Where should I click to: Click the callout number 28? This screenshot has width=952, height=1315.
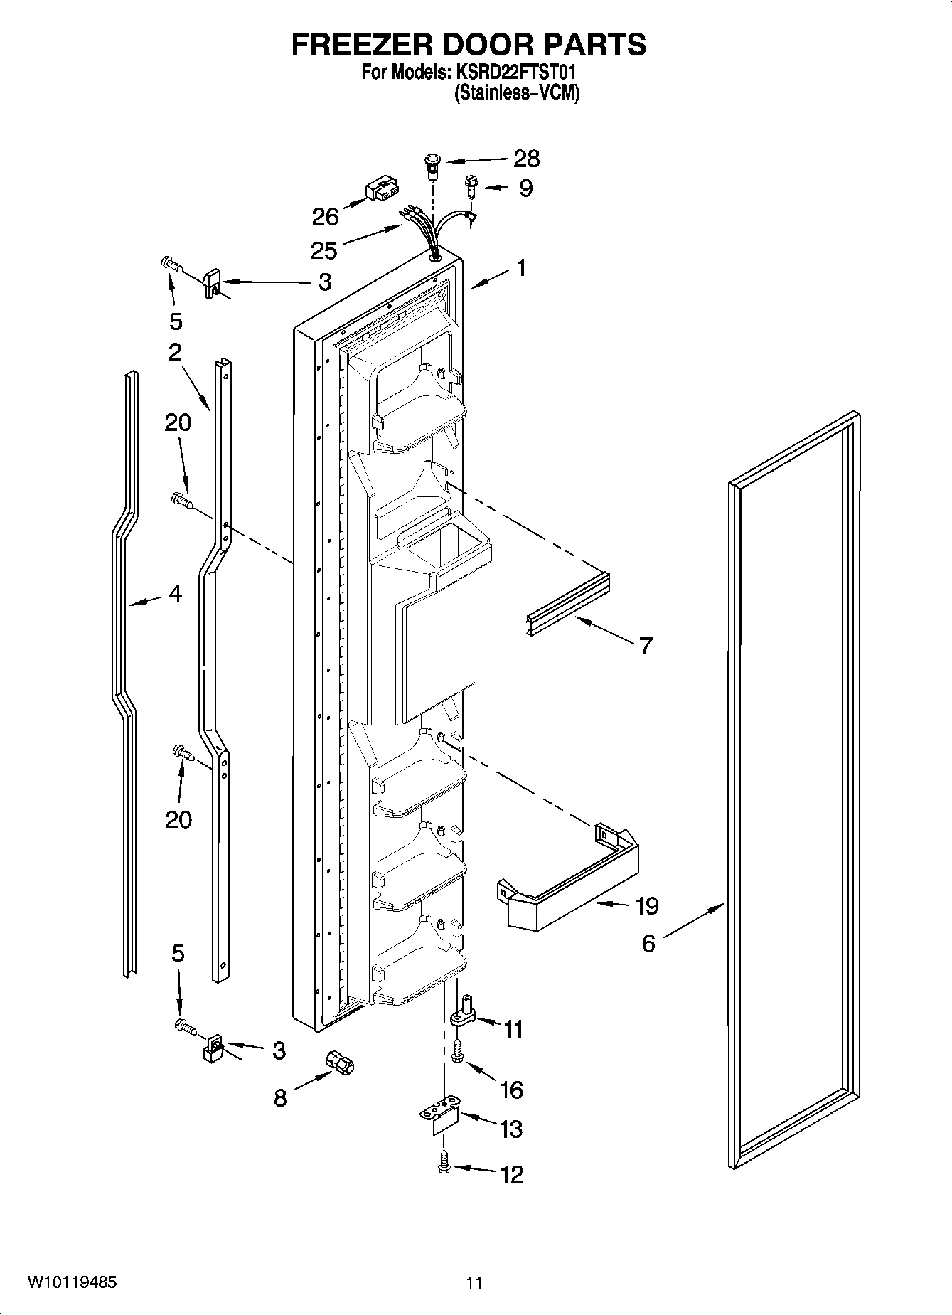click(x=526, y=159)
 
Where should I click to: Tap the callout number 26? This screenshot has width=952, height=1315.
click(x=325, y=216)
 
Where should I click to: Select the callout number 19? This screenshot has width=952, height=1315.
click(x=646, y=906)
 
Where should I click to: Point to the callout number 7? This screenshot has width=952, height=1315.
click(x=645, y=646)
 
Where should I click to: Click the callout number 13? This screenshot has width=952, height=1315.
click(x=511, y=1129)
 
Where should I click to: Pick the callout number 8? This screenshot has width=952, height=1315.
click(x=280, y=1098)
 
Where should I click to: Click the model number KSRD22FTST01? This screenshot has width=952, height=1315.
click(x=519, y=73)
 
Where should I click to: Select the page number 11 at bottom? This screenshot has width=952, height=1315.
click(x=475, y=1283)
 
